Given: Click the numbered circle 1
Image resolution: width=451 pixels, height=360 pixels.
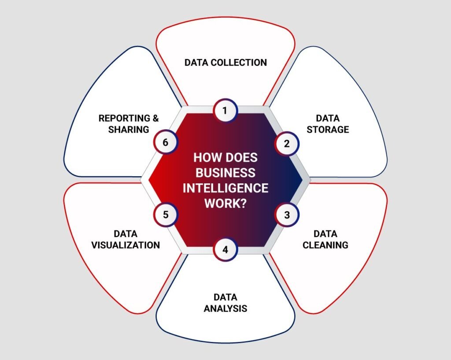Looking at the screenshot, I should click(225, 111).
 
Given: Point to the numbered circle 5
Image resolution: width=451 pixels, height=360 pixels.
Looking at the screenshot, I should click(166, 215).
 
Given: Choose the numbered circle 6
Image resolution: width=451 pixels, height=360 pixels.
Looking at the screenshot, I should click(166, 143).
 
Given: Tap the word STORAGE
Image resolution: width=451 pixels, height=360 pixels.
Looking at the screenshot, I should click(328, 130).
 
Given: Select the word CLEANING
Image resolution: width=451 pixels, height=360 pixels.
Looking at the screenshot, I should click(325, 245).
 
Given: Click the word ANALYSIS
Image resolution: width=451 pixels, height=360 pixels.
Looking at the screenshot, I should click(225, 308).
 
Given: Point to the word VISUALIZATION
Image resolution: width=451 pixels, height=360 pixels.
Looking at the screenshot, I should click(126, 245).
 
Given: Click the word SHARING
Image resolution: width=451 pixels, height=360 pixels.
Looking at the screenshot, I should click(129, 130).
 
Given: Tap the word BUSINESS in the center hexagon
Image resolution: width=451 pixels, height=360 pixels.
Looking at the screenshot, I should click(225, 172).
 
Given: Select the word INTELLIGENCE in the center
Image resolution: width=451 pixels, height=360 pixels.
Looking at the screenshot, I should click(225, 188).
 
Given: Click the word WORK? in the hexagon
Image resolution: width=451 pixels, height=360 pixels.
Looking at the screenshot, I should click(225, 204).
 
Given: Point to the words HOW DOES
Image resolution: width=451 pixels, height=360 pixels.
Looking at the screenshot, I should click(225, 157).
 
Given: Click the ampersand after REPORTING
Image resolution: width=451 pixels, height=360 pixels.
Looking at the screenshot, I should click(155, 118).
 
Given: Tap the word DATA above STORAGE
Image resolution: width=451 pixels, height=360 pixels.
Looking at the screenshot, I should click(328, 118).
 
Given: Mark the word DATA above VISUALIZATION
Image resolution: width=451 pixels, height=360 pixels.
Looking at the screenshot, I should click(126, 234).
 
